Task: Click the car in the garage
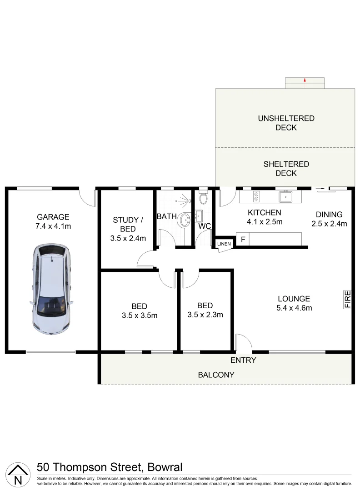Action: [x=51, y=291]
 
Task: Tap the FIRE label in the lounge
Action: [x=347, y=300]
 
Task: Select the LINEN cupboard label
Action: [x=224, y=244]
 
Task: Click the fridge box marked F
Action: [x=243, y=240]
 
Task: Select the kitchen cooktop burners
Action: [x=256, y=196]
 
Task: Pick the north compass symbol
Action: [x=18, y=474]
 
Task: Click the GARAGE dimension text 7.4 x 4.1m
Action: [x=53, y=226]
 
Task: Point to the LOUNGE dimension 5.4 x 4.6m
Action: [x=294, y=308]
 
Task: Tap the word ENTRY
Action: [x=243, y=361]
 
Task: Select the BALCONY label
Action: [x=216, y=375]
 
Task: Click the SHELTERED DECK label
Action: [x=286, y=169]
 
